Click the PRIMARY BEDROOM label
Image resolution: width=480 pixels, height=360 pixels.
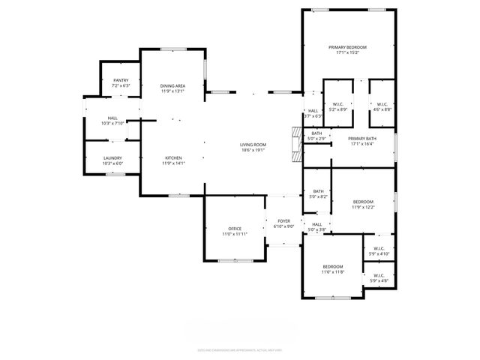pyautogui.click(x=348, y=46)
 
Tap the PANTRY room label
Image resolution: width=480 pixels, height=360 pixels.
pyautogui.click(x=121, y=80)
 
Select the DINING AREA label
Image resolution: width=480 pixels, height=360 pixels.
pyautogui.click(x=172, y=86)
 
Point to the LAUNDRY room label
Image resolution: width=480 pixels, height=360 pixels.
pyautogui.click(x=112, y=157)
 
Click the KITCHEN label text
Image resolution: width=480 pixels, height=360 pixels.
pyautogui.click(x=173, y=157)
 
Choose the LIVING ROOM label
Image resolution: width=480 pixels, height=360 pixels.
pyautogui.click(x=253, y=144)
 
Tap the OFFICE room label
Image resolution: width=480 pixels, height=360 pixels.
pyautogui.click(x=235, y=229)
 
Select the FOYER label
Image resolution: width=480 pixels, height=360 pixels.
pyautogui.click(x=283, y=221)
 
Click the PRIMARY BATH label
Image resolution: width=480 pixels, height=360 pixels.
pyautogui.click(x=361, y=138)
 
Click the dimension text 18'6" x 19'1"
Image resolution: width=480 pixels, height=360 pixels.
pyautogui.click(x=253, y=149)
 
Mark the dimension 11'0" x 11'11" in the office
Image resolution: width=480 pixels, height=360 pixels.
pyautogui.click(x=235, y=235)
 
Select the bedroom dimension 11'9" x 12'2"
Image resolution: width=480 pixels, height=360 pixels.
pyautogui.click(x=363, y=207)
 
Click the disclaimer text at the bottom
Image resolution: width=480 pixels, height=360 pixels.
pyautogui.click(x=239, y=349)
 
